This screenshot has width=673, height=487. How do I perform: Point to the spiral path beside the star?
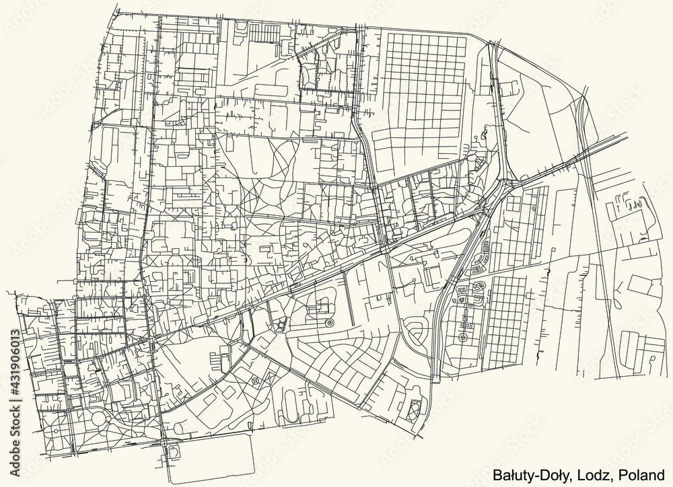pyautogui.click(x=329, y=323)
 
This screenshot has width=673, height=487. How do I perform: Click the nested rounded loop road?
pyautogui.click(x=416, y=330)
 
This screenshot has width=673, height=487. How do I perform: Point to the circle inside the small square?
pyautogui.click(x=256, y=381)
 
